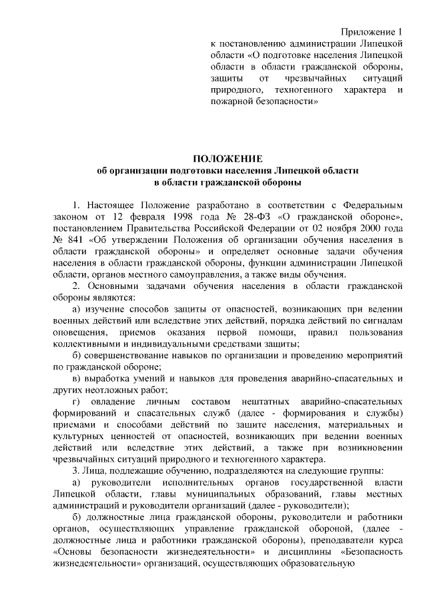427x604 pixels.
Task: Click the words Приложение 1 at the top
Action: click(x=372, y=33)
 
